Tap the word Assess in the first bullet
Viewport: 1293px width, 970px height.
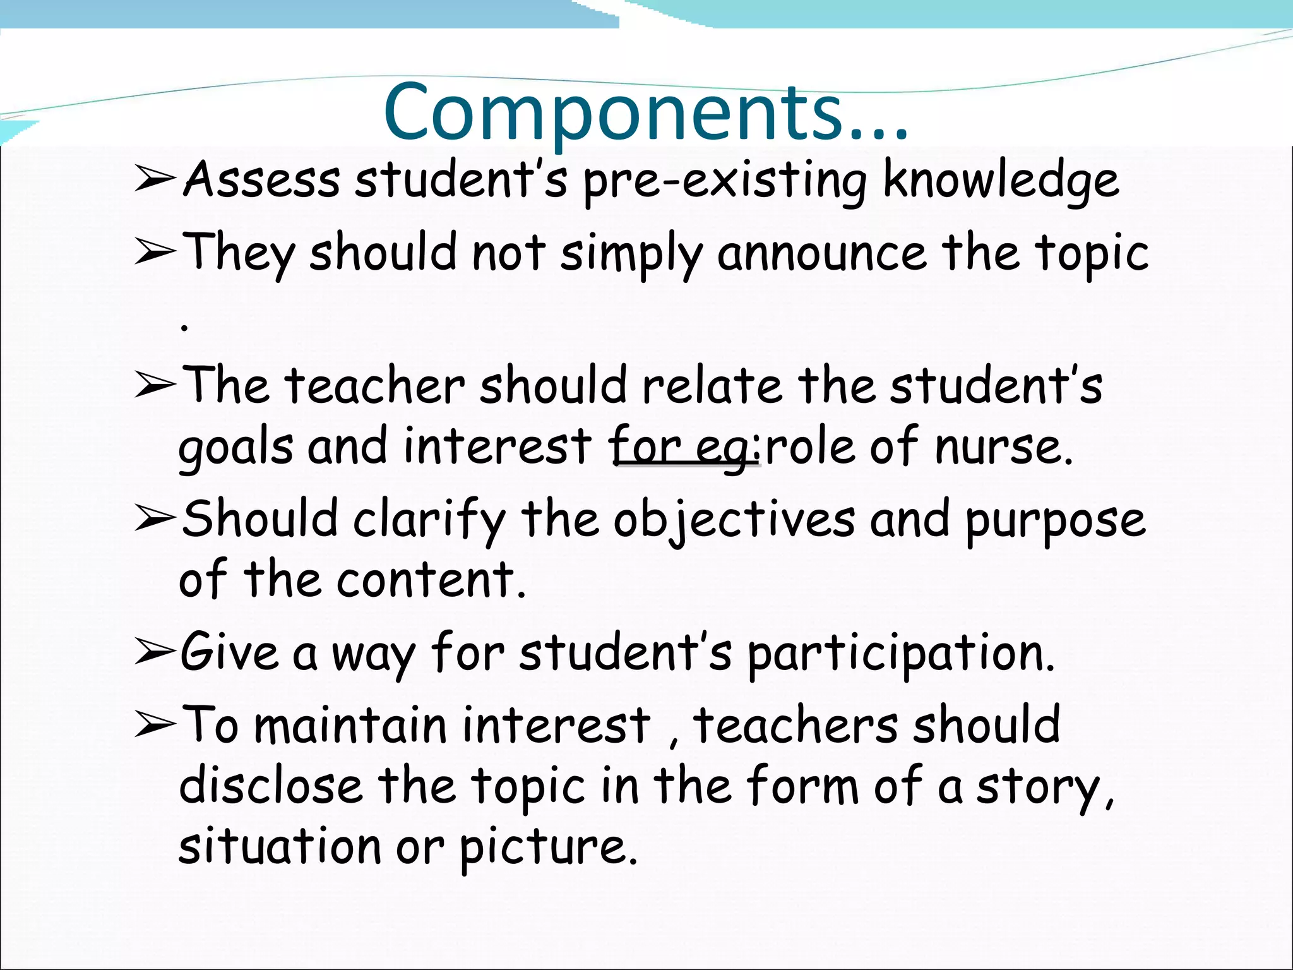click(261, 180)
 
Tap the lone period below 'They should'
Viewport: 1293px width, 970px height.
click(184, 328)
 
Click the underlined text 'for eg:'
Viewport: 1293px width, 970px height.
click(685, 447)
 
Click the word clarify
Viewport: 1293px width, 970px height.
click(429, 520)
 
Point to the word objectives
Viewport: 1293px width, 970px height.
click(734, 520)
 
